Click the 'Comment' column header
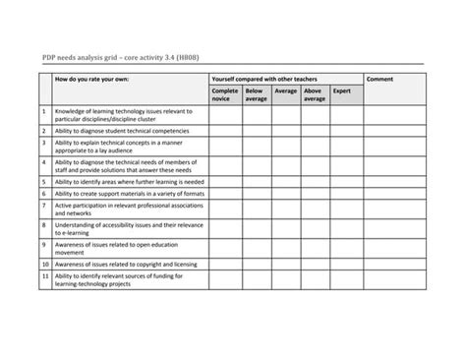pyautogui.click(x=380, y=77)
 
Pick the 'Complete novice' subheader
pyautogui.click(x=225, y=94)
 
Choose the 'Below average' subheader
pyautogui.click(x=257, y=94)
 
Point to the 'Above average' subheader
pyautogui.click(x=315, y=94)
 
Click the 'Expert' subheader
pyautogui.click(x=342, y=90)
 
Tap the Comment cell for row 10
pyautogui.click(x=394, y=265)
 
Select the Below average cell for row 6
pyautogui.click(x=257, y=195)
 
